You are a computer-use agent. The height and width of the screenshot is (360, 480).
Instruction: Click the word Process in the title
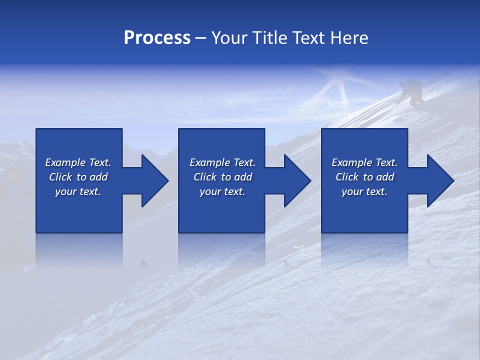(x=157, y=38)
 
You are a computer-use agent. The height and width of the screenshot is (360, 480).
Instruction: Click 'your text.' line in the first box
(x=78, y=191)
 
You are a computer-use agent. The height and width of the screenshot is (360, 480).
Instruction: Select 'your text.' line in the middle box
(x=222, y=191)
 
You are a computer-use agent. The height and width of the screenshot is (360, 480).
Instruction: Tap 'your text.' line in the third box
(x=364, y=191)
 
